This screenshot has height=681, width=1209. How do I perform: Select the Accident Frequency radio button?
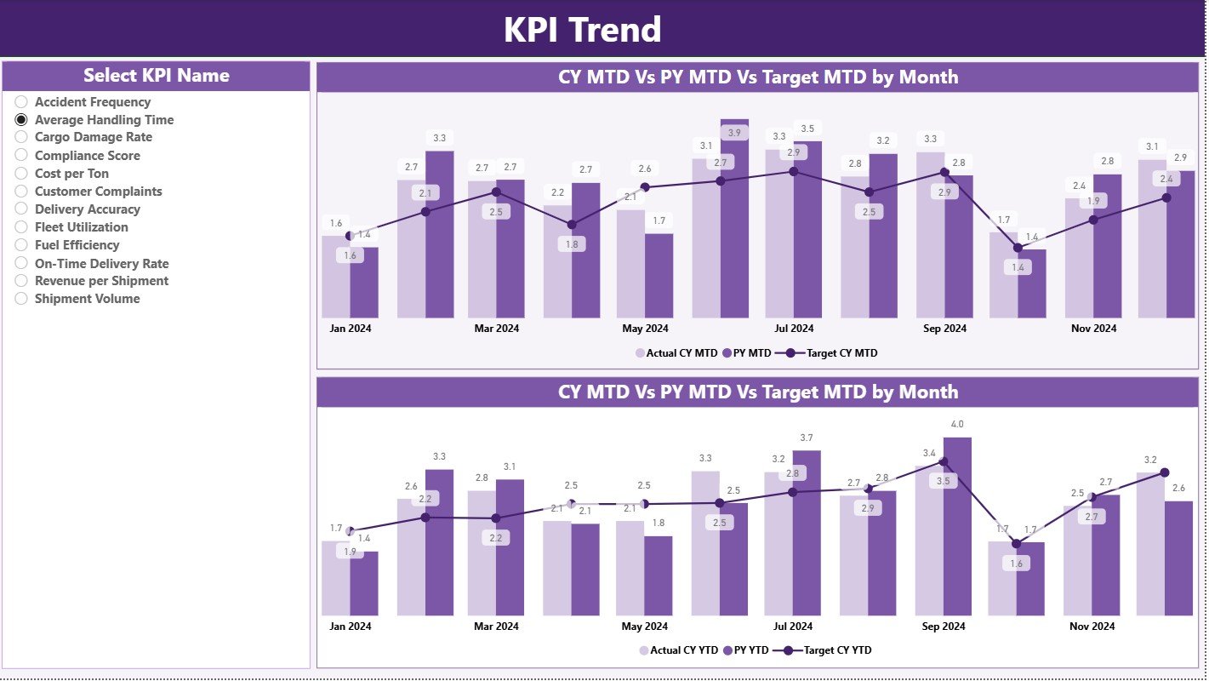(22, 102)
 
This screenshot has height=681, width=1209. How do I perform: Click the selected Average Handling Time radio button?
(22, 120)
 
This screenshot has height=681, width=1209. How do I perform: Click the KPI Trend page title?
(582, 30)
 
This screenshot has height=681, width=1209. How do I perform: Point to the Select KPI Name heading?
(156, 76)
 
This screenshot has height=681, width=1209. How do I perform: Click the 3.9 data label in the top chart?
(733, 133)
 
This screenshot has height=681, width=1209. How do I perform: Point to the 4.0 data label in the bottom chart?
(957, 424)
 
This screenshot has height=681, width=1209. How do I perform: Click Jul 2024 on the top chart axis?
(794, 329)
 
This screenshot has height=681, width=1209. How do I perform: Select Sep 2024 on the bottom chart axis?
(944, 627)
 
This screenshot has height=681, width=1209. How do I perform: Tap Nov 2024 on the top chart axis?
(1093, 329)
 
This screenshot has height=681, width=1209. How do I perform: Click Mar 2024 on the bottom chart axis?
(496, 627)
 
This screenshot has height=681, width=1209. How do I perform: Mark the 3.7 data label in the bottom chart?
(807, 438)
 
